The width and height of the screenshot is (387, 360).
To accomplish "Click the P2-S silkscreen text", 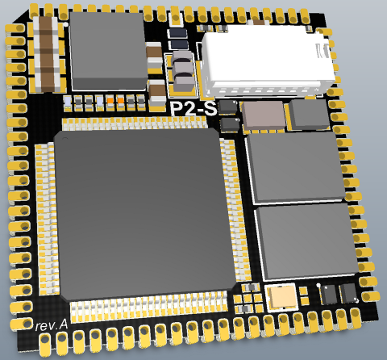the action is click(x=193, y=109).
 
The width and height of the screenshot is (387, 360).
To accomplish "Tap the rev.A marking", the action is click(x=51, y=326).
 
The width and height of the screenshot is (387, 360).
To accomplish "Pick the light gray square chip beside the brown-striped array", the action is click(x=108, y=51).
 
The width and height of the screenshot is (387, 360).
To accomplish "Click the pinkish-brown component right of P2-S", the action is click(x=264, y=115).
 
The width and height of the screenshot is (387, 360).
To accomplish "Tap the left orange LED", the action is click(x=110, y=101).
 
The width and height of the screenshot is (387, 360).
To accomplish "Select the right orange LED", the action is click(x=121, y=101).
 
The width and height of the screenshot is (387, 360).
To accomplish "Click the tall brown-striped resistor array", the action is click(x=48, y=53).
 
